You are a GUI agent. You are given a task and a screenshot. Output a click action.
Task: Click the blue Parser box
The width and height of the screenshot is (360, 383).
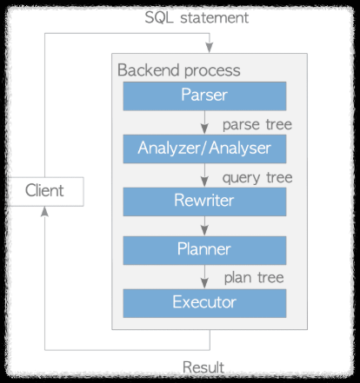point(204,95)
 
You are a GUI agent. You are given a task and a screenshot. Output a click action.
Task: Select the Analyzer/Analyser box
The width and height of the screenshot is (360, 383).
point(204,148)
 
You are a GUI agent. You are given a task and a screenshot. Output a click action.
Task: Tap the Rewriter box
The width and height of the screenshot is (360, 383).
point(204,200)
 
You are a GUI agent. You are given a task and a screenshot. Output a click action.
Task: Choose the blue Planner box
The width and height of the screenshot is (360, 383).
point(204,250)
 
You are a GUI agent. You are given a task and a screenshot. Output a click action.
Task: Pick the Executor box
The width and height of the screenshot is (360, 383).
point(204,303)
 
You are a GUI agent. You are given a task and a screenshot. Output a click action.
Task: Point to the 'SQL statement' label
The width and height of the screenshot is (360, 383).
point(210,17)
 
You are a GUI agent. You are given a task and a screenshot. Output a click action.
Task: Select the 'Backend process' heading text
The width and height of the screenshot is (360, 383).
point(178,69)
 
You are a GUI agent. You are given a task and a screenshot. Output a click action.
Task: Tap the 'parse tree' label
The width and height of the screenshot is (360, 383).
point(257,123)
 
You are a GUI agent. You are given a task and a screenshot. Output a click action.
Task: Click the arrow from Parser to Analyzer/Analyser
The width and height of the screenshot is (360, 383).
point(204,122)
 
